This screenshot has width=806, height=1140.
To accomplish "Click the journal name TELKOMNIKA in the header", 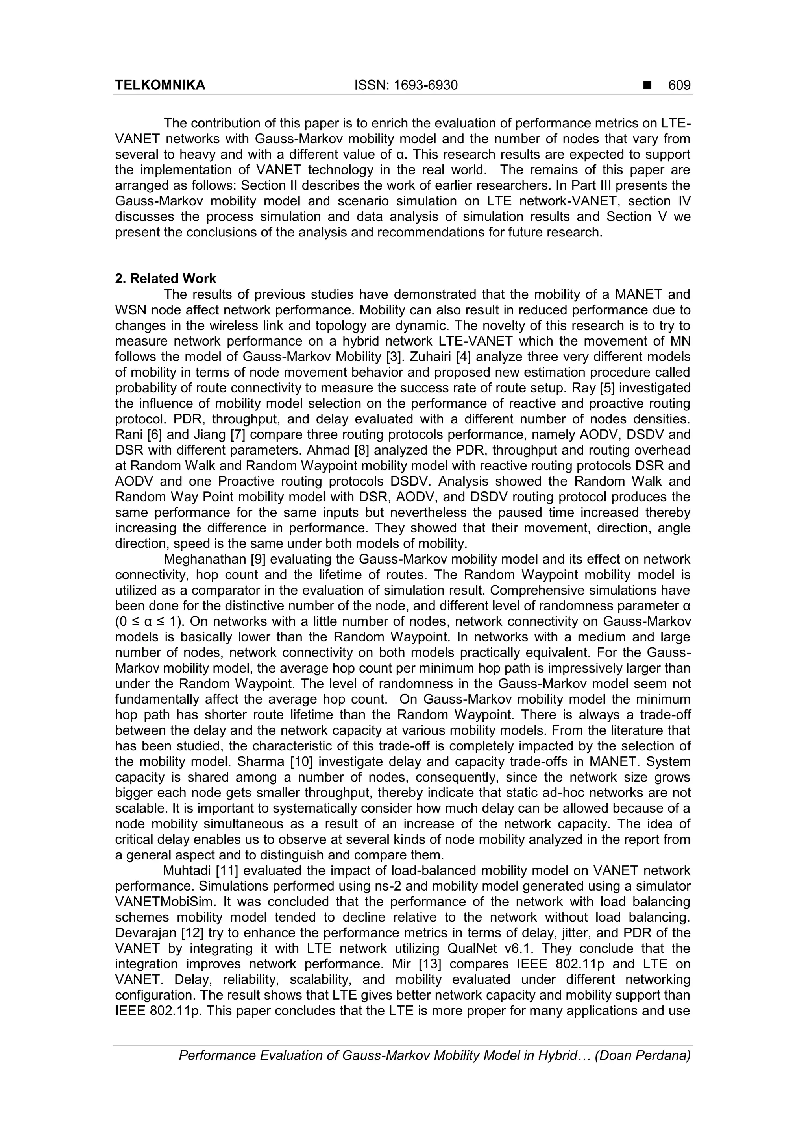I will tap(160, 85).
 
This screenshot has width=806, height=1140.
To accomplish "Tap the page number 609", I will tap(679, 85).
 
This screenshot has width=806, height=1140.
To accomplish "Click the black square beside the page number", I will tap(647, 85).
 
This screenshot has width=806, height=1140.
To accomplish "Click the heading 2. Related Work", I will tap(165, 279).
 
